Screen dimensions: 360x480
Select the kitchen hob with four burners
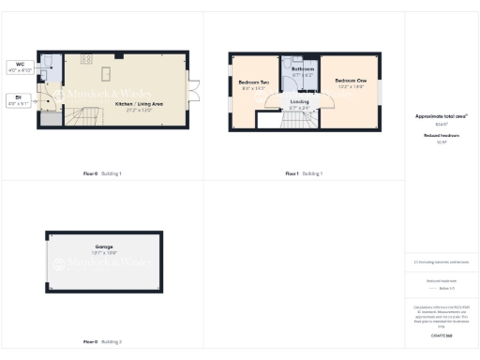point(85,60)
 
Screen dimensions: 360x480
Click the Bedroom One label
point(350,83)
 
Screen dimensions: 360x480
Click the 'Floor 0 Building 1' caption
point(102,173)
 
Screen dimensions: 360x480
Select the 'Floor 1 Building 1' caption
point(304,173)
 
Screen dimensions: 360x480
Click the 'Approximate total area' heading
point(441,116)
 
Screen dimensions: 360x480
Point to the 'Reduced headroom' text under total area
point(441,136)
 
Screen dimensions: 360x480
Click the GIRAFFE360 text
point(441,335)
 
